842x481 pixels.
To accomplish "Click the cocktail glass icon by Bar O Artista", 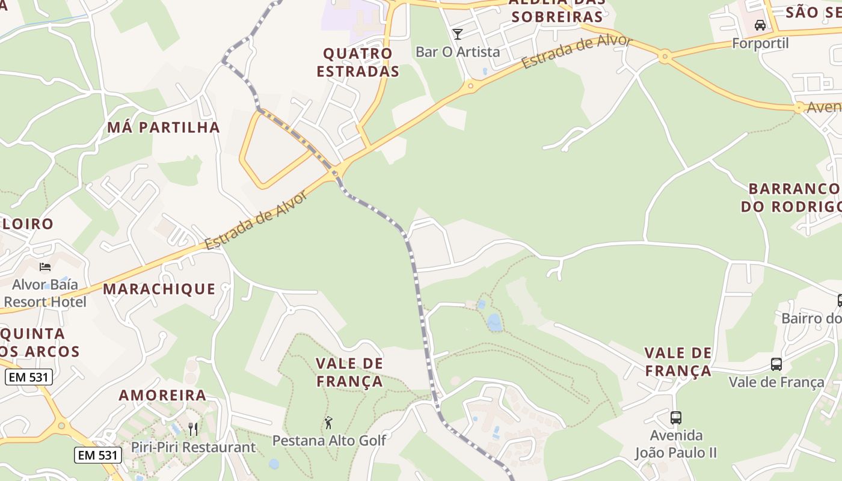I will [x=458, y=34].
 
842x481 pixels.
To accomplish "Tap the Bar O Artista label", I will [x=458, y=52].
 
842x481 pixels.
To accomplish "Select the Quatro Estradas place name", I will [x=358, y=62].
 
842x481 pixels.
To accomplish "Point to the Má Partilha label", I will [x=164, y=127].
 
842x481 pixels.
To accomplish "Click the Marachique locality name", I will [x=159, y=289].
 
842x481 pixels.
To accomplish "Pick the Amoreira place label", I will [x=162, y=396].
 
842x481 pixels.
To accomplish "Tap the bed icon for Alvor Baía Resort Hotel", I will [x=45, y=266].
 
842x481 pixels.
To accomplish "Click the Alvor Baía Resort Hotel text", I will [x=45, y=293].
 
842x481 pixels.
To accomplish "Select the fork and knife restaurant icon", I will [x=193, y=429].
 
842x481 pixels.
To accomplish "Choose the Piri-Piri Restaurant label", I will [x=194, y=448].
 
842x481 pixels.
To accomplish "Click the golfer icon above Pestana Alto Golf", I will [x=328, y=423].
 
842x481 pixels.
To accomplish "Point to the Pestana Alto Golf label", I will [x=329, y=441].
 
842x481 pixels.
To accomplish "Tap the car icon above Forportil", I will [x=760, y=25].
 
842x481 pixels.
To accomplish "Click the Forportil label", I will [x=760, y=43].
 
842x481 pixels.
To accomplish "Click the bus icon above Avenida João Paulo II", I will [x=676, y=417].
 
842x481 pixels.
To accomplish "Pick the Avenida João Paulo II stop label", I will [x=676, y=444].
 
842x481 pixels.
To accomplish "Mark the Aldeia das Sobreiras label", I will [x=556, y=10].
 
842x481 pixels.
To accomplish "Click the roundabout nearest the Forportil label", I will [x=665, y=58].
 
